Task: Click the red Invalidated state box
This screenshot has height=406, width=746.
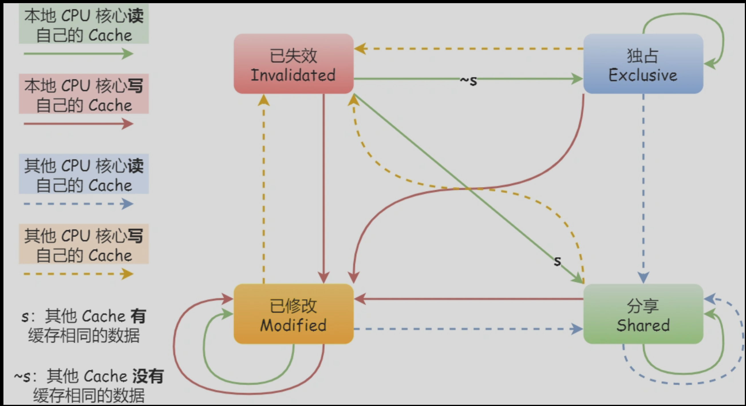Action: pos(293,64)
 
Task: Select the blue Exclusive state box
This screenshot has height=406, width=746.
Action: pos(643,64)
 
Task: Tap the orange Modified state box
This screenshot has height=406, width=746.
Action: pos(293,314)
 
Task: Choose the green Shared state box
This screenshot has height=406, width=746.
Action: pos(643,314)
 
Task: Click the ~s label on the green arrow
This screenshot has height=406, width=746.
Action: pos(468,80)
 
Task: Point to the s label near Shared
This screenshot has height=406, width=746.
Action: pos(557,261)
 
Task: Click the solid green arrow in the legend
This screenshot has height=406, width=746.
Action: pos(78,54)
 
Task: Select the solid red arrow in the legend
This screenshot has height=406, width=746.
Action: pos(78,124)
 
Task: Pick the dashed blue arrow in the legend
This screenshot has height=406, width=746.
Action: pos(78,204)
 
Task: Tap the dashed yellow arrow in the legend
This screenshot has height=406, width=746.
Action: pos(78,274)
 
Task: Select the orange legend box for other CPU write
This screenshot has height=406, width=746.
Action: pos(84,244)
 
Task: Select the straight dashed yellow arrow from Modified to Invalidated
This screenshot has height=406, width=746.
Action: pos(264,188)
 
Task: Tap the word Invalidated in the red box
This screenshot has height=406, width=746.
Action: pos(293,75)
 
